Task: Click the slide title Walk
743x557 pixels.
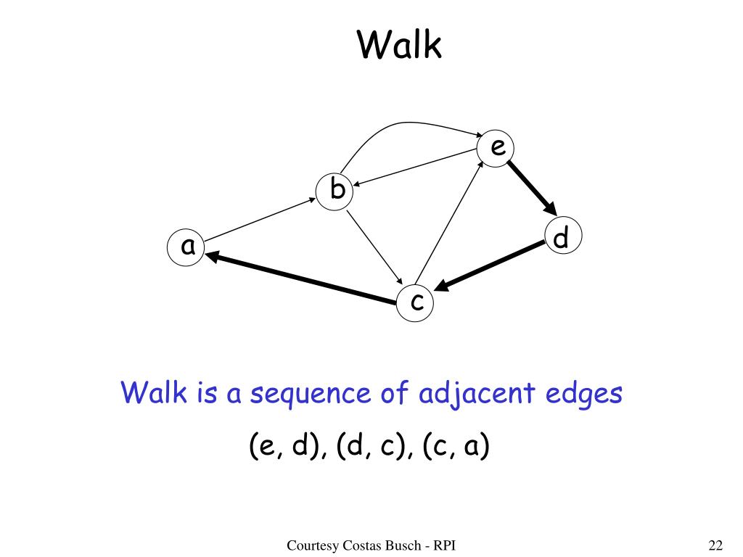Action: pos(399,46)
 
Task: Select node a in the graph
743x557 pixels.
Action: pos(188,247)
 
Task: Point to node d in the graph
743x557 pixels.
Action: pos(562,237)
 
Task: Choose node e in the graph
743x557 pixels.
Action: pos(496,148)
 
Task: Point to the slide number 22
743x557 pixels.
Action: pos(715,545)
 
